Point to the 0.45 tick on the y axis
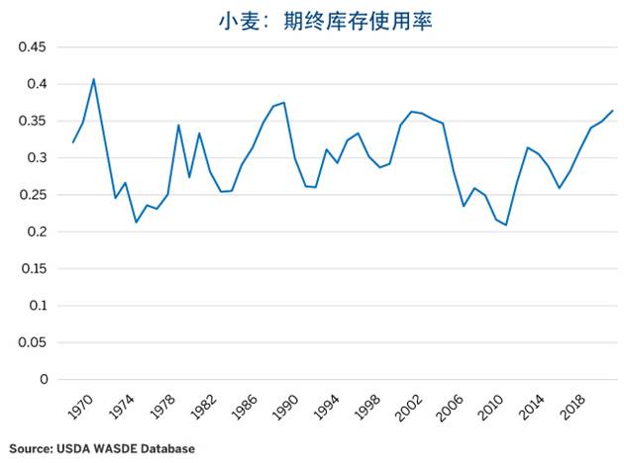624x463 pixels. (x=33, y=47)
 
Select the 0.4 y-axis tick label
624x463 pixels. (x=37, y=84)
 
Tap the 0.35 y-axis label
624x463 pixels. (x=33, y=122)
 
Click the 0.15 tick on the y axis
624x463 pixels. (x=33, y=269)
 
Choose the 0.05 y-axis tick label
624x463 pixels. (x=33, y=342)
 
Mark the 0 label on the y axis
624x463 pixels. (x=44, y=379)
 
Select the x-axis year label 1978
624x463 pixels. (x=163, y=407)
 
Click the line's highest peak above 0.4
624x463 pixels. (x=94, y=79)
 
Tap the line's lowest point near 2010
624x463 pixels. (x=507, y=226)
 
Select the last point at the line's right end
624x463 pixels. (x=613, y=111)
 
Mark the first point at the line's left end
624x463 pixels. (x=73, y=142)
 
